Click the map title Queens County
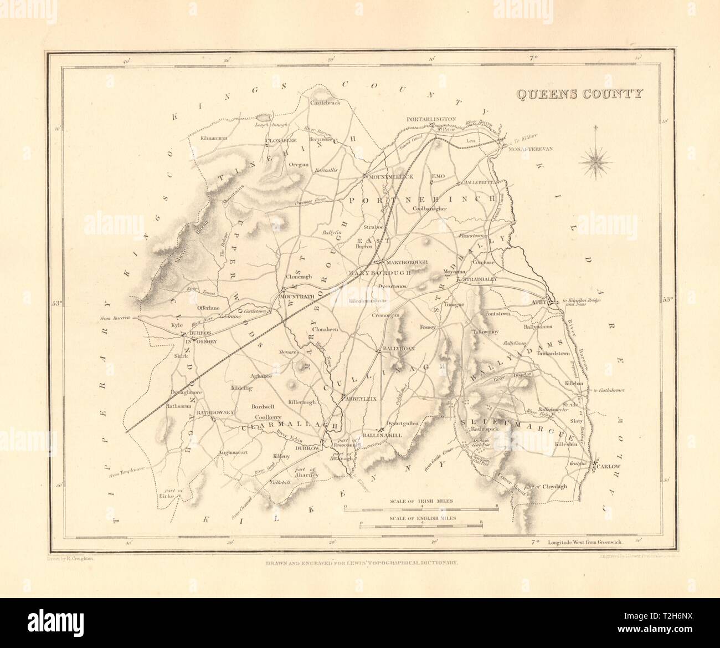point(579,94)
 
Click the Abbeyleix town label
point(361,398)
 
